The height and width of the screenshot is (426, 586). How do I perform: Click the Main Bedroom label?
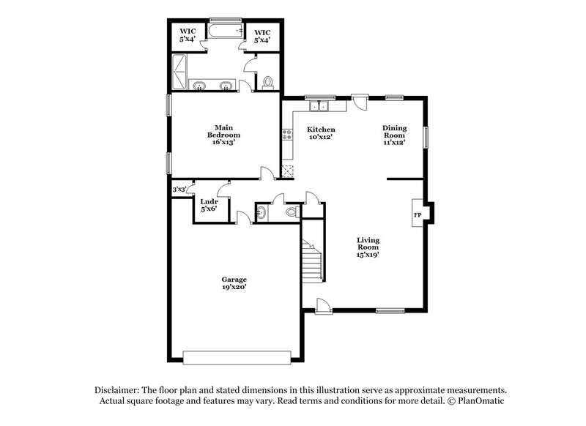pos(223,135)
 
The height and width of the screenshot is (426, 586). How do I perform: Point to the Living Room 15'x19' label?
pos(368,247)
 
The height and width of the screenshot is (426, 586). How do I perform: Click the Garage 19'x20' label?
pos(234,284)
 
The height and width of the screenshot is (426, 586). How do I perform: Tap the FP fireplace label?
pos(418,215)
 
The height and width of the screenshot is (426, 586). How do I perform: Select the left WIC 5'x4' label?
pos(189,35)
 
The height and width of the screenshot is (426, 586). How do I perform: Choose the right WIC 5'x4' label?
pos(263,35)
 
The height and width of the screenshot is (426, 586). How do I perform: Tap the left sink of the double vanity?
pos(199,86)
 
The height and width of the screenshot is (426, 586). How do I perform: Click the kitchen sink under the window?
pos(318,107)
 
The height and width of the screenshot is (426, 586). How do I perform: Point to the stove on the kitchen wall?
pos(286,135)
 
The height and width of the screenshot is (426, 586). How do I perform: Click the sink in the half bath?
pos(262,212)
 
